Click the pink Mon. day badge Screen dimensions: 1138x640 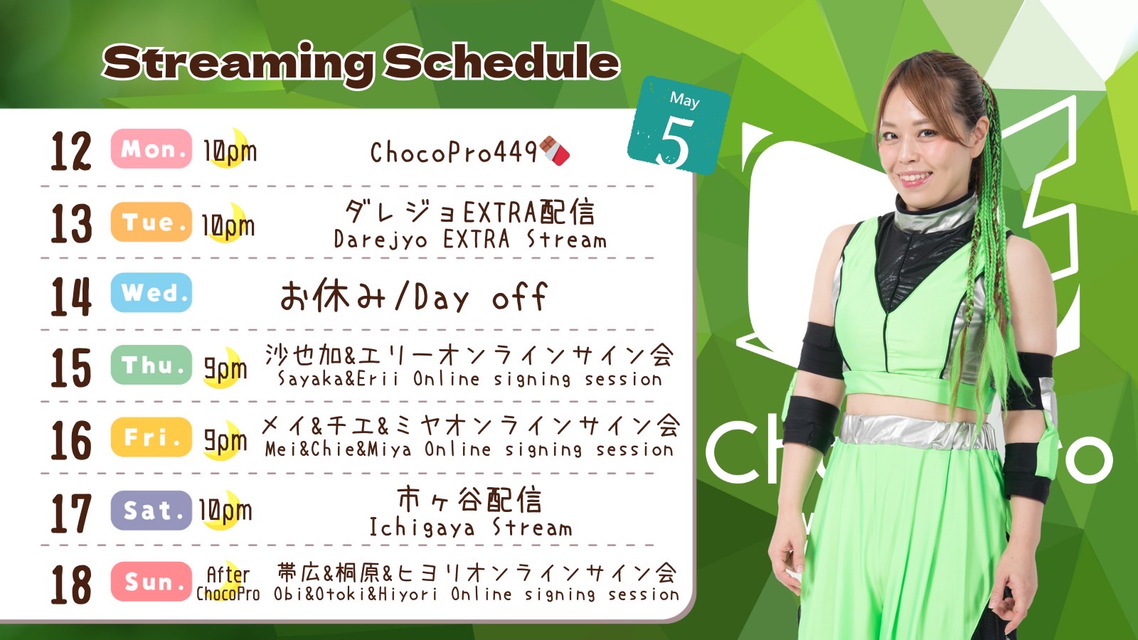click(x=151, y=149)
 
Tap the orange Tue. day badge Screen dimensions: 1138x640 click(x=151, y=222)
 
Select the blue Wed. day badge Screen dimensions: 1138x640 click(x=151, y=292)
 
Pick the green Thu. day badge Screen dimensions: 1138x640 click(x=151, y=365)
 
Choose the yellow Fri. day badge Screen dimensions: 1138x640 click(x=151, y=437)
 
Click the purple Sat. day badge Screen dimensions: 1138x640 click(x=151, y=510)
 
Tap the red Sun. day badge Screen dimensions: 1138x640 click(x=151, y=582)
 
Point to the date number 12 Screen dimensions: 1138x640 click(x=71, y=151)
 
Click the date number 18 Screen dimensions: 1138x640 click(x=71, y=585)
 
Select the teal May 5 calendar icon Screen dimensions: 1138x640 click(x=679, y=125)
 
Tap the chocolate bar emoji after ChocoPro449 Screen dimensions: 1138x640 click(x=554, y=151)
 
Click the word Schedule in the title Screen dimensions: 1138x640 click(x=501, y=63)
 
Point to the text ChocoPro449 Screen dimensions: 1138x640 click(x=454, y=152)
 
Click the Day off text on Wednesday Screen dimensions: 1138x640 click(x=481, y=297)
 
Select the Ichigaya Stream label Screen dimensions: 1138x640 click(x=470, y=527)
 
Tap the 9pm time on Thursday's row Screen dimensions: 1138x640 click(x=225, y=368)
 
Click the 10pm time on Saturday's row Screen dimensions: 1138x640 click(x=225, y=510)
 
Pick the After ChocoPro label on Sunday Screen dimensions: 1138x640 click(x=228, y=584)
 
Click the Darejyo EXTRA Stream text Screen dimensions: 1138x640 click(x=470, y=240)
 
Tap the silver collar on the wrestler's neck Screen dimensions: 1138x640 click(x=934, y=213)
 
